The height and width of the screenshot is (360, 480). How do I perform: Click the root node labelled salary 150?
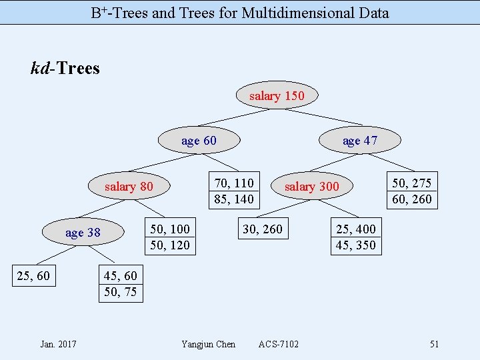pos(277,96)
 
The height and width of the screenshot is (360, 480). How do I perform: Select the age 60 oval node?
pos(199,141)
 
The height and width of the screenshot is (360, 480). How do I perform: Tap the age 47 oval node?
pos(360,141)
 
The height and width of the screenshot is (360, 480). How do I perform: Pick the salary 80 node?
pos(129,187)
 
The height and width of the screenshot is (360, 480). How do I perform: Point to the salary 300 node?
pos(311,187)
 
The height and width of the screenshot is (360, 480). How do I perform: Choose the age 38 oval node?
pos(83,233)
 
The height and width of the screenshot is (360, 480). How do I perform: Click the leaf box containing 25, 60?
pos(33,275)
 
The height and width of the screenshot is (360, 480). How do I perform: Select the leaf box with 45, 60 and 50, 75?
pos(121,283)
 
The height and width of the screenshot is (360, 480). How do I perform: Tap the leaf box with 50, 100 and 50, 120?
pos(170,237)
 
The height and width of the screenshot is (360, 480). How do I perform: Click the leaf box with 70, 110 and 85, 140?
pos(234,191)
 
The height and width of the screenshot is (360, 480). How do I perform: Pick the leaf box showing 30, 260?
pos(263,229)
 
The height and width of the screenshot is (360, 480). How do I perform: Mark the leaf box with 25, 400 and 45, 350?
pos(356,237)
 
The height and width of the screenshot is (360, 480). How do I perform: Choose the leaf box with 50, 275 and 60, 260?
pos(412,191)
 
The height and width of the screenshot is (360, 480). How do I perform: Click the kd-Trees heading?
pos(65,68)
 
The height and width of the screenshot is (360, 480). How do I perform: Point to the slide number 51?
pos(434,344)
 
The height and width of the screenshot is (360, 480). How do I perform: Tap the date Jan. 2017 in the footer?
pos(58,344)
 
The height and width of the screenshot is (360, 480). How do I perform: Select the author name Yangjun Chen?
pos(208,344)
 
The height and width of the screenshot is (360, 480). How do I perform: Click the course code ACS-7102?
pos(279,344)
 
